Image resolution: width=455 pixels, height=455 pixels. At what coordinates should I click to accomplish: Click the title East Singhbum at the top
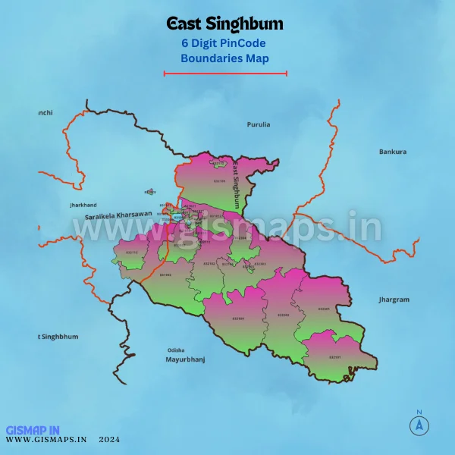click(x=224, y=25)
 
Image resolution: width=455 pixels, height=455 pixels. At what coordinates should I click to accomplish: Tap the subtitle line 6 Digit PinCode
click(x=224, y=43)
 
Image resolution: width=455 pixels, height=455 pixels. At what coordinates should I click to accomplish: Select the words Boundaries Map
click(x=224, y=58)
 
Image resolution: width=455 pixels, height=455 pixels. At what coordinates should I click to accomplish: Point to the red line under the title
click(x=225, y=74)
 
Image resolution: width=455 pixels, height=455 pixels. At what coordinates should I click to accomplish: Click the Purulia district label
click(x=259, y=124)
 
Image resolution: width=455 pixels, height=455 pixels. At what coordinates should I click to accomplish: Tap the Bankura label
click(x=393, y=152)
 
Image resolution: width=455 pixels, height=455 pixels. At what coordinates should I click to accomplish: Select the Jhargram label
click(x=394, y=300)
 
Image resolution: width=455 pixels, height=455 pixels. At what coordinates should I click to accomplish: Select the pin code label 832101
click(x=335, y=357)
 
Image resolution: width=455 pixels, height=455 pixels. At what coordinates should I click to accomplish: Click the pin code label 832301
click(x=325, y=309)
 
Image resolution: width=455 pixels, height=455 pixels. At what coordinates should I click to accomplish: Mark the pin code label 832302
click(x=284, y=314)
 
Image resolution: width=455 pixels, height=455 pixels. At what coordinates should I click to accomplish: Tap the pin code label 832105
click(x=220, y=181)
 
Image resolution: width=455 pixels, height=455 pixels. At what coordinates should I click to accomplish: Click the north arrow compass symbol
click(x=418, y=425)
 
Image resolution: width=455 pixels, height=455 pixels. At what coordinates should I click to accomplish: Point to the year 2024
click(x=109, y=439)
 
